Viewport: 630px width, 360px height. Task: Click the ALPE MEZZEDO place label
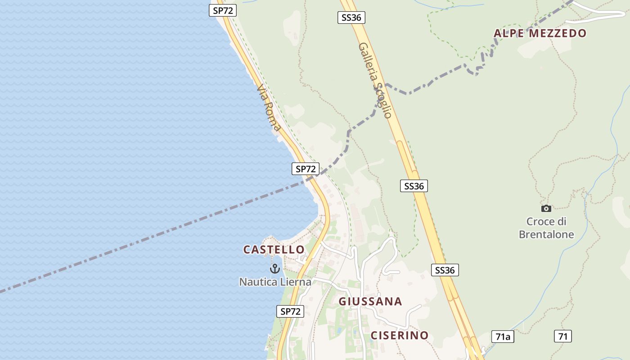click(x=540, y=33)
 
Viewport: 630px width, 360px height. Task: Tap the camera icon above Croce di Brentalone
click(x=546, y=208)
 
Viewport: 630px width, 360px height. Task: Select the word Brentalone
click(x=546, y=234)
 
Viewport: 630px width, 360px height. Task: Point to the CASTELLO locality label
click(x=274, y=249)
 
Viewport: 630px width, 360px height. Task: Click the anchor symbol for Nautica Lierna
click(x=274, y=269)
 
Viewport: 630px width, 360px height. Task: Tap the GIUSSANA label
click(x=370, y=301)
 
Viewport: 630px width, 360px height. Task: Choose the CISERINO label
click(x=400, y=335)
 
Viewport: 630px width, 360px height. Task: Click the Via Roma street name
click(x=269, y=108)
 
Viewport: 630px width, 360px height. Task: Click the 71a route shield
click(x=503, y=337)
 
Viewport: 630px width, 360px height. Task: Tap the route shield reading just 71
click(x=562, y=336)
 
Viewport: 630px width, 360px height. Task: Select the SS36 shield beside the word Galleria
click(x=351, y=18)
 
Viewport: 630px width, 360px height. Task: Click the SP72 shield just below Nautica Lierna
click(x=290, y=311)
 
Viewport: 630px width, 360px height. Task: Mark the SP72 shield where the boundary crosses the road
click(x=306, y=169)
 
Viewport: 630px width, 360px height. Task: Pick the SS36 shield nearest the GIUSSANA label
click(x=445, y=270)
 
